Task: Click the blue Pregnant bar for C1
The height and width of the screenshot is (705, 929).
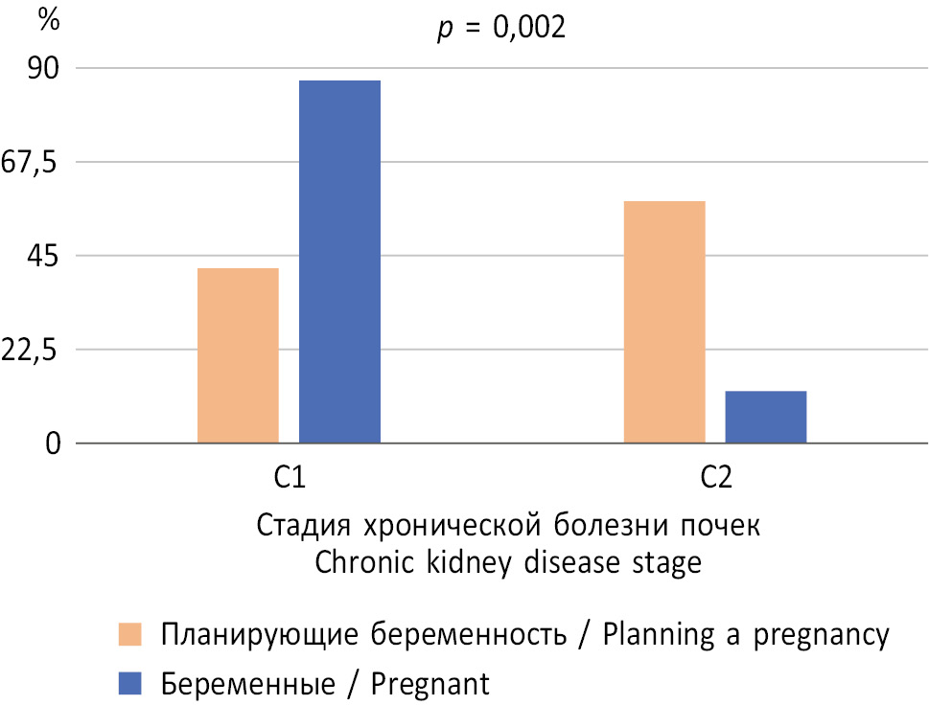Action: coord(339,262)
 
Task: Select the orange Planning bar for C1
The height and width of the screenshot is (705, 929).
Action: coord(238,355)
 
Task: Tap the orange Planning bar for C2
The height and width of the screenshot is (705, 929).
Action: coord(664,322)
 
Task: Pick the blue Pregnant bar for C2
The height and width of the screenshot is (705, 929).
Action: coord(765,417)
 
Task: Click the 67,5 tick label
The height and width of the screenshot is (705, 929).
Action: coord(31,163)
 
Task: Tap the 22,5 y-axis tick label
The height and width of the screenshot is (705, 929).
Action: coord(31,351)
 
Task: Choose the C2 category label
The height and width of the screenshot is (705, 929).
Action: coord(715,477)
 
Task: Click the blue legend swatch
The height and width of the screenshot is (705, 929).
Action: coord(129,682)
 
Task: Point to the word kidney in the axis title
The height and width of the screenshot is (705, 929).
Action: coord(464,563)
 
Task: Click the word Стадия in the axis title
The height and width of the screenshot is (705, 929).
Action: coord(296,527)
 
